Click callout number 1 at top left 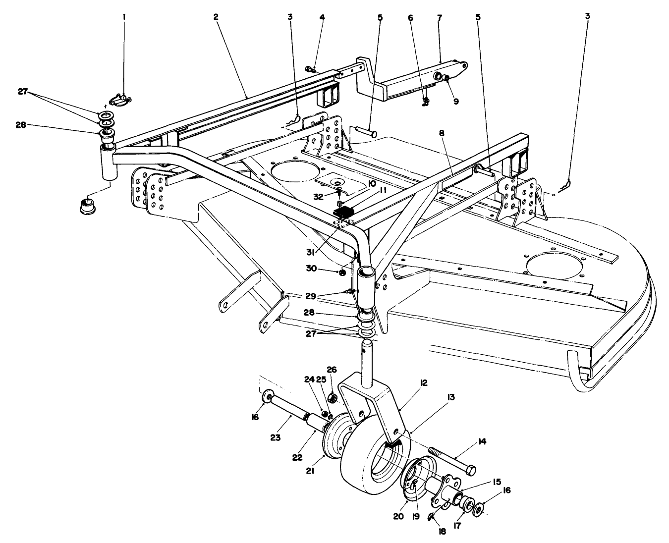pos(124,17)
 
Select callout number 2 pos(216,17)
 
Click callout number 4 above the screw pos(322,17)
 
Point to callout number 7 pos(440,17)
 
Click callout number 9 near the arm pos(455,101)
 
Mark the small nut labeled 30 pos(343,271)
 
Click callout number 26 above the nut pos(332,369)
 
